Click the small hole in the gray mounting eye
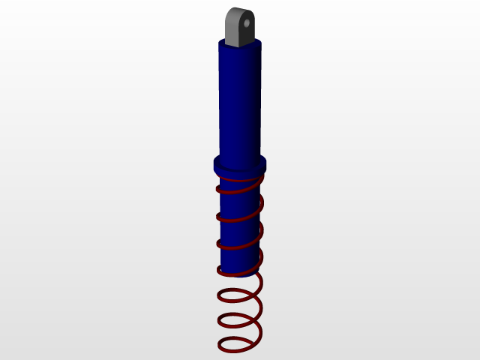point(245,23)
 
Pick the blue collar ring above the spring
point(240,164)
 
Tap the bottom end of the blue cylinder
point(238,271)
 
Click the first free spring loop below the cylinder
point(238,297)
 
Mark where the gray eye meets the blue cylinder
point(240,46)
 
